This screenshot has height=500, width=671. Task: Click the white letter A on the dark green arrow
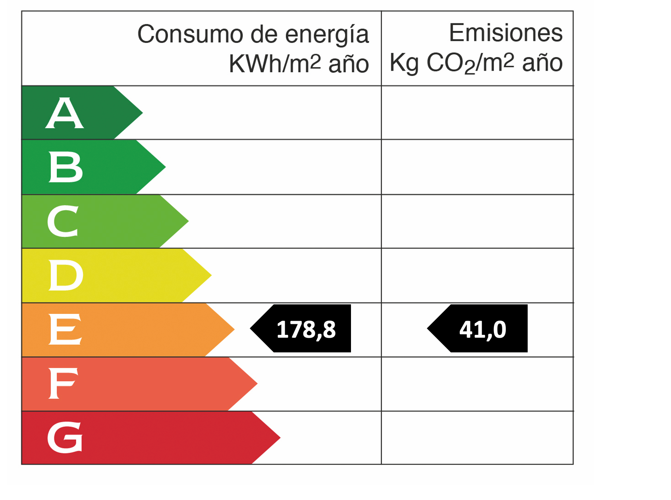pos(65,113)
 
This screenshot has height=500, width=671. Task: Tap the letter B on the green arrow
pos(66,167)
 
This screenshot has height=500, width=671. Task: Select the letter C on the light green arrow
pos(63,221)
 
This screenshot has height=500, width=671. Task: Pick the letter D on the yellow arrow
pos(66,275)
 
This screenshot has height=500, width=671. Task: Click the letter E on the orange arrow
pos(65,329)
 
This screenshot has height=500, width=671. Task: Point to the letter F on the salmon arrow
pos(63,383)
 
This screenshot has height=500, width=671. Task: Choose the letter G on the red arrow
pos(65,437)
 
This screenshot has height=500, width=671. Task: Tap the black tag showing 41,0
pos(482,329)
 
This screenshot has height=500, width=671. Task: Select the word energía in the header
pos(327,35)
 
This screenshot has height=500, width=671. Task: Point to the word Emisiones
pos(505,33)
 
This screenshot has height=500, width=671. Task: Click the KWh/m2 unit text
pos(275,63)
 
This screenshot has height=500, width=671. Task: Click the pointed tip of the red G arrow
pos(279,438)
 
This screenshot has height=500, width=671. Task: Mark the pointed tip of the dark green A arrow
pos(141,113)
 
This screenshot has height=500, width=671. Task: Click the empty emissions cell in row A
pos(477,113)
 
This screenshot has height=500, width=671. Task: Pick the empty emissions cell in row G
pos(477,438)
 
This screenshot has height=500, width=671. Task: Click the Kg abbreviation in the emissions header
pos(404,63)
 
